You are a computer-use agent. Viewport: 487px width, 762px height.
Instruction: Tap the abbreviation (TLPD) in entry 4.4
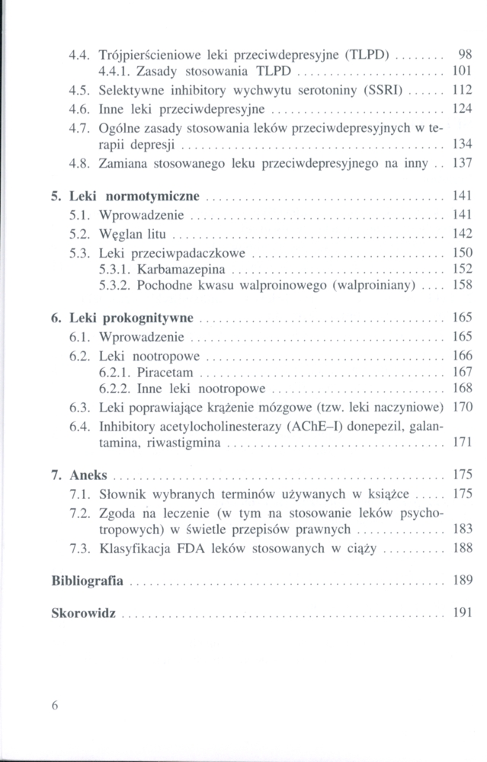coord(369,55)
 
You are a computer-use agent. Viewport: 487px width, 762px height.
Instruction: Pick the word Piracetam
coord(165,373)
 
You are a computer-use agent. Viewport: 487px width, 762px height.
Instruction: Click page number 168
coord(463,389)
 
